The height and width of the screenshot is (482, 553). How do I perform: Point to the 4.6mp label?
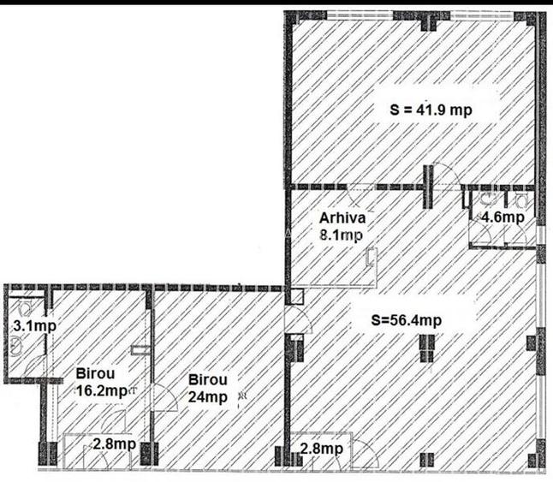pos(502,217)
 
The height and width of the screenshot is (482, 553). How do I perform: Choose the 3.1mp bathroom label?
pos(28,325)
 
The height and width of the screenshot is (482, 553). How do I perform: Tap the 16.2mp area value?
pos(102,390)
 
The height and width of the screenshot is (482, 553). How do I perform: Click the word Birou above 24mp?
pos(207,380)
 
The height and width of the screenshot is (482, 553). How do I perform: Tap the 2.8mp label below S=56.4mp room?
pos(322,448)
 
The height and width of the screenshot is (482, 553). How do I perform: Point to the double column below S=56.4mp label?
pos(425,347)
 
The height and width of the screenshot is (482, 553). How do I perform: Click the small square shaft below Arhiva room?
pos(294,298)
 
